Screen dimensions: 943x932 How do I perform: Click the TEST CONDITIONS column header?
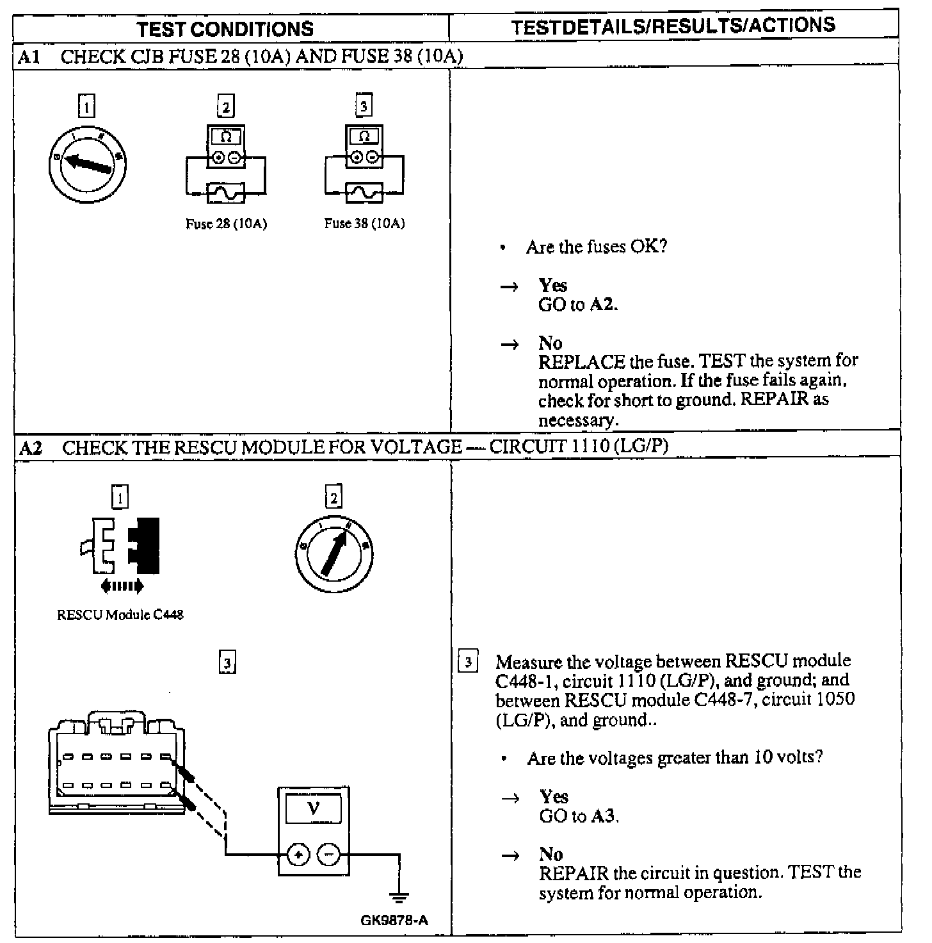click(225, 29)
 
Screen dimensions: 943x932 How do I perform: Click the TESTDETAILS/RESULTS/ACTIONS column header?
click(673, 26)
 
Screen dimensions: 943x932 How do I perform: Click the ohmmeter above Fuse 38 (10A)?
click(364, 147)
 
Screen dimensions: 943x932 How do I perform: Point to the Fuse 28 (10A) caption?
click(226, 224)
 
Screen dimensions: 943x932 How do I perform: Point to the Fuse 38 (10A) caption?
click(364, 224)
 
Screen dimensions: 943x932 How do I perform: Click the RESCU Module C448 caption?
click(120, 615)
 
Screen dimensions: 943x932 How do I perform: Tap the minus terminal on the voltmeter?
click(329, 854)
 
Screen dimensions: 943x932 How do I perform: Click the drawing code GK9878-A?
click(394, 921)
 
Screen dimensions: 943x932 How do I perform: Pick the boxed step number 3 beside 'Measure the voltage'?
click(468, 662)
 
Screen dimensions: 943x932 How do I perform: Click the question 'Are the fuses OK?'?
click(597, 247)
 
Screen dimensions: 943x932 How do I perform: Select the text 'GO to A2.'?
click(578, 304)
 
